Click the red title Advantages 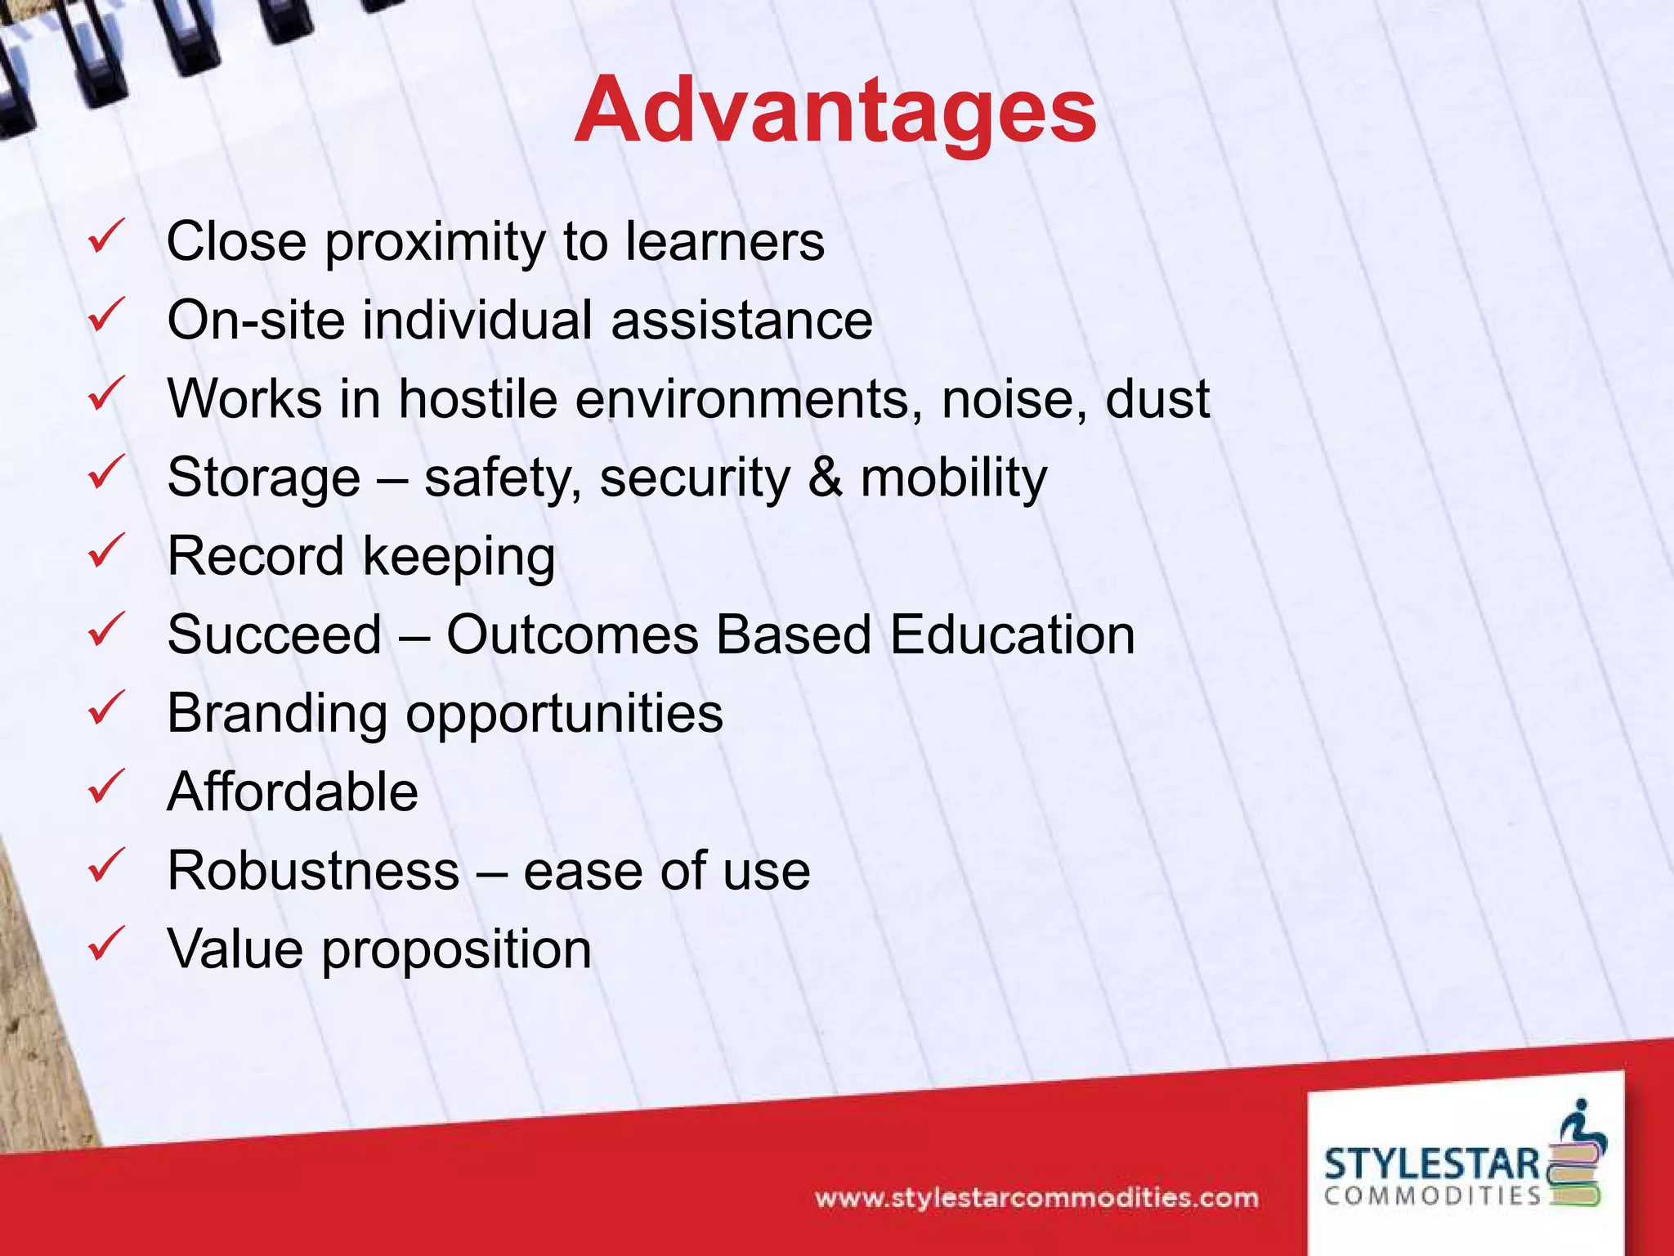(835, 110)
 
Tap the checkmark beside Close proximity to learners (106, 236)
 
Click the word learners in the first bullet (725, 242)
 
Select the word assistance (741, 320)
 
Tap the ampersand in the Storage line (825, 478)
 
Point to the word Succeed (275, 635)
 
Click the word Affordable (293, 792)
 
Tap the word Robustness (314, 870)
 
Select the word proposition (456, 950)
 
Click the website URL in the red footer (1036, 1199)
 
